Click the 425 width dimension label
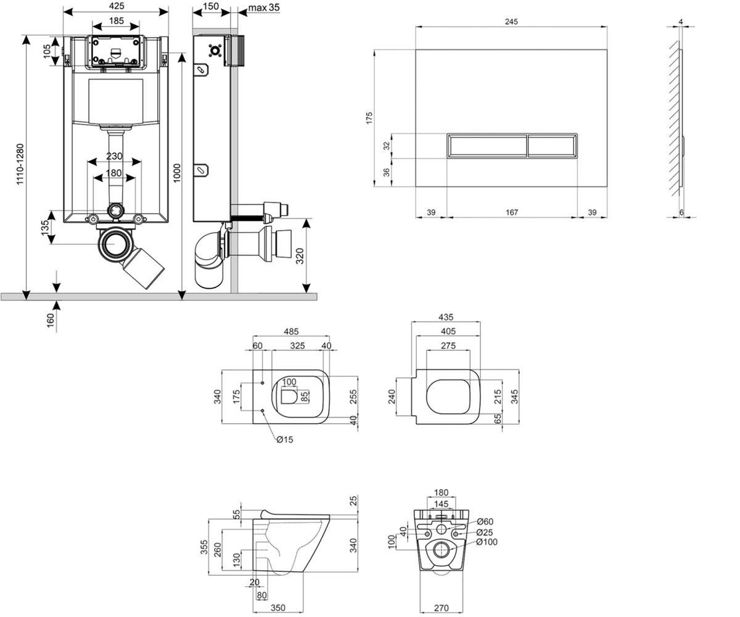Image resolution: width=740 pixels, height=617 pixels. [x=117, y=6]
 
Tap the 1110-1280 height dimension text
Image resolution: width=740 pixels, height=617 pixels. [x=20, y=164]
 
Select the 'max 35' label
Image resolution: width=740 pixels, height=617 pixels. [x=264, y=7]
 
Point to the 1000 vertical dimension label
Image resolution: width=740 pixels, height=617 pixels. [x=177, y=173]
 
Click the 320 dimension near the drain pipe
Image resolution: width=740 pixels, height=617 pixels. [x=300, y=256]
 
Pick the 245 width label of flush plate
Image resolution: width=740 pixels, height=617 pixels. [x=511, y=22]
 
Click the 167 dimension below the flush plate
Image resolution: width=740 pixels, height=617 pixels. [x=512, y=212]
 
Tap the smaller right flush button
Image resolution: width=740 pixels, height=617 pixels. [x=552, y=146]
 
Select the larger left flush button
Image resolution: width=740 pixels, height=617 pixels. [x=487, y=146]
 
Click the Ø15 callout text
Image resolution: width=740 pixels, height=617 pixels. [x=285, y=440]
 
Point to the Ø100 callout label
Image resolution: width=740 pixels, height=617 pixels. [x=487, y=542]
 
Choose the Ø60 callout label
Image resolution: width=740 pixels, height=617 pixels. [x=485, y=521]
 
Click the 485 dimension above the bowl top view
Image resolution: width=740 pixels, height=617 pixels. [x=291, y=331]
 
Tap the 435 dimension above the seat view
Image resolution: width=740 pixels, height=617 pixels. [x=446, y=317]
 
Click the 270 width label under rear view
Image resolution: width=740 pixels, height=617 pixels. [x=442, y=608]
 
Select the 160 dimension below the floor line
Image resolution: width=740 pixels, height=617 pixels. [x=51, y=320]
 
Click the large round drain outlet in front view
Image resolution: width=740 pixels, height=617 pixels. [x=114, y=244]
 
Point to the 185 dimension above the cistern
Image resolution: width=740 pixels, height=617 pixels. [x=117, y=21]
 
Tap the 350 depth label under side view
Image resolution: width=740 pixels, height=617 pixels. [x=278, y=608]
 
